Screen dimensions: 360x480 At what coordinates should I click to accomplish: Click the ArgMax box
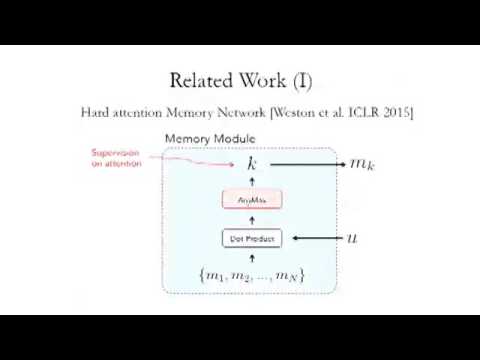click(x=252, y=200)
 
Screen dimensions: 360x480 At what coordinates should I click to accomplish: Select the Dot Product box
click(x=252, y=239)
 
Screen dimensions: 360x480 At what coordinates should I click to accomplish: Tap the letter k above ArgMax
click(x=252, y=163)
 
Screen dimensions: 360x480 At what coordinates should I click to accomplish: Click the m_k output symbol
click(x=361, y=163)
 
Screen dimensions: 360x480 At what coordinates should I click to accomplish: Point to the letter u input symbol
click(x=352, y=239)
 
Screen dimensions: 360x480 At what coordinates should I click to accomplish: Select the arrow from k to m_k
click(x=305, y=163)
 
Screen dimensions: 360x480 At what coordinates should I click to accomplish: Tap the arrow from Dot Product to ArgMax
click(x=252, y=219)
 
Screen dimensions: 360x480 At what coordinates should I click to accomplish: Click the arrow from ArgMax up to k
click(x=252, y=182)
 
